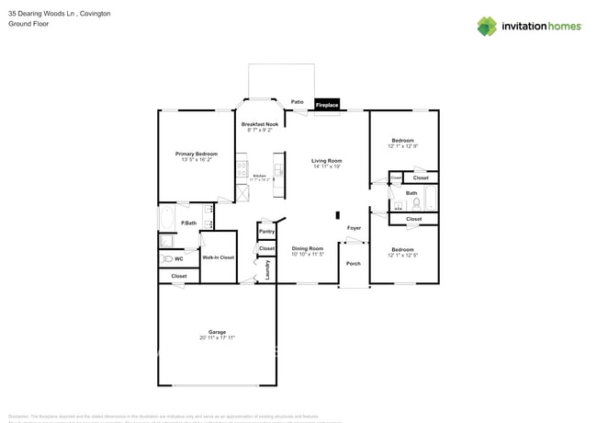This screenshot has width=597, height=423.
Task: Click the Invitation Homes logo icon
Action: pos(487,26)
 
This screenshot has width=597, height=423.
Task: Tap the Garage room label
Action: pos(217,332)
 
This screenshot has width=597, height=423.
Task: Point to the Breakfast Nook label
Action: pos(260,124)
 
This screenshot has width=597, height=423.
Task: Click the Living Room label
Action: pos(326,161)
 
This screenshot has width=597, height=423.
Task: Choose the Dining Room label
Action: pos(308,248)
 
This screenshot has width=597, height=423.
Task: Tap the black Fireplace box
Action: pos(327,106)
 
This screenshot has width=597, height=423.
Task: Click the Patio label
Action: pos(298,102)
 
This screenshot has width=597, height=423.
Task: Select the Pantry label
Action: pos(267,232)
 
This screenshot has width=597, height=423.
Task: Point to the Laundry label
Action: pos(267,269)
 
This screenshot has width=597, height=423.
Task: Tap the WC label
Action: pos(178,258)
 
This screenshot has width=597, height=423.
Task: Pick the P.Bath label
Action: pos(188,223)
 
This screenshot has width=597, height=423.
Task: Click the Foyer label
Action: pos(354,227)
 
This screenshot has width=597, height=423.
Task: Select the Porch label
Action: pos(354,264)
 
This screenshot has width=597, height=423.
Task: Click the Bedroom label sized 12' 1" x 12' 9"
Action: pos(403,141)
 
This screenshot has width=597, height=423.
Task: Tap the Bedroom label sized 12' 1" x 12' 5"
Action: pos(403,249)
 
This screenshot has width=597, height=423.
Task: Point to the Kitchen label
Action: pos(259,175)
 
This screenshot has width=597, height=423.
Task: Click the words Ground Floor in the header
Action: pos(27,24)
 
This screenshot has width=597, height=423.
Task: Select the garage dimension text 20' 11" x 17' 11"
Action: pos(217,338)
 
